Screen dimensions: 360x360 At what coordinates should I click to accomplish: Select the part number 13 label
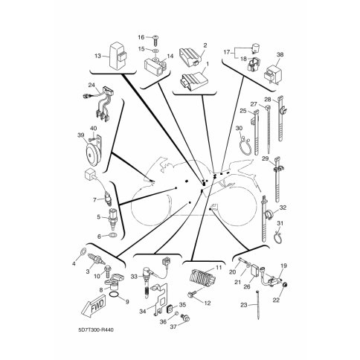98,56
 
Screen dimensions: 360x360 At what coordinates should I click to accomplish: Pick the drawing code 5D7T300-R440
96,330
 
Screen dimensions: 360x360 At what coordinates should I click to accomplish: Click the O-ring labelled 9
114,295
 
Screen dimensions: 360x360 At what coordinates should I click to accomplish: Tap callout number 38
280,54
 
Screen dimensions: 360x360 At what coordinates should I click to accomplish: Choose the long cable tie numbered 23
258,305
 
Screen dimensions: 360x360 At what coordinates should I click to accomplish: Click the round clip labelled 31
277,237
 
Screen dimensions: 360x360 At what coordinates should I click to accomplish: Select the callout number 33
134,276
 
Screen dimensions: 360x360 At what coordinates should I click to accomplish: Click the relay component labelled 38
274,73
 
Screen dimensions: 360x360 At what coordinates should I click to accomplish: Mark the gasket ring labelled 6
113,235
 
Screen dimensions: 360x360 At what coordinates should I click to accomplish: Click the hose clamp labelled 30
244,146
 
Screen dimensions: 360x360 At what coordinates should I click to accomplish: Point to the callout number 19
284,266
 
